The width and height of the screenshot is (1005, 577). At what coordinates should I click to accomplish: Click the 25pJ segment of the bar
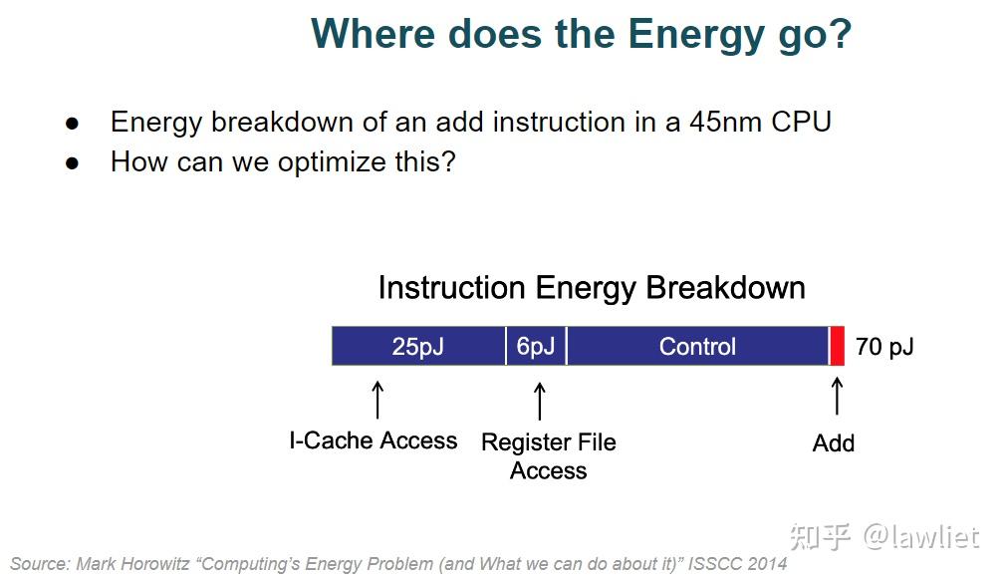pos(418,346)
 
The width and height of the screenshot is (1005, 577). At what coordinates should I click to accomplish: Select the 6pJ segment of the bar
pos(536,346)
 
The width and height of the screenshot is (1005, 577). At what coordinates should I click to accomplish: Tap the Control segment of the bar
pos(697,346)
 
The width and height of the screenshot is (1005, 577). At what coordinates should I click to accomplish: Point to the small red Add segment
pos(838,346)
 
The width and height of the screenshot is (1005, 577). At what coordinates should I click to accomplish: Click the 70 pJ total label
pos(884,347)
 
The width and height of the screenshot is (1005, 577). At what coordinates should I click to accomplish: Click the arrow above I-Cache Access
pos(377,399)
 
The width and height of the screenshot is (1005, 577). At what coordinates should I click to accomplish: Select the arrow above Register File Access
pos(540,401)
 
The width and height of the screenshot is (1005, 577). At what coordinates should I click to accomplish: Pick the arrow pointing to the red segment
pos(837,396)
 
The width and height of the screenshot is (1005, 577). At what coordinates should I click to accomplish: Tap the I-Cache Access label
pos(374,440)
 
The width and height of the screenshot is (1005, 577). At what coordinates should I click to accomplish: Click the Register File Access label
pos(548,455)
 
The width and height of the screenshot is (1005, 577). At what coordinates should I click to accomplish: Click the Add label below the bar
pos(834,443)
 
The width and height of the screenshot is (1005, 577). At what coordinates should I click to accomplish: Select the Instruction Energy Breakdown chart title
pos(592,288)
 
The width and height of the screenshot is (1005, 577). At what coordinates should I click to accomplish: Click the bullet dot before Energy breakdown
pos(72,124)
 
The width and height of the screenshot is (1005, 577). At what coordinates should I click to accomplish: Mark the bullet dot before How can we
pos(72,163)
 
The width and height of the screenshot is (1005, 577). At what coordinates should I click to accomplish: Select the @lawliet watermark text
pos(921,536)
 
